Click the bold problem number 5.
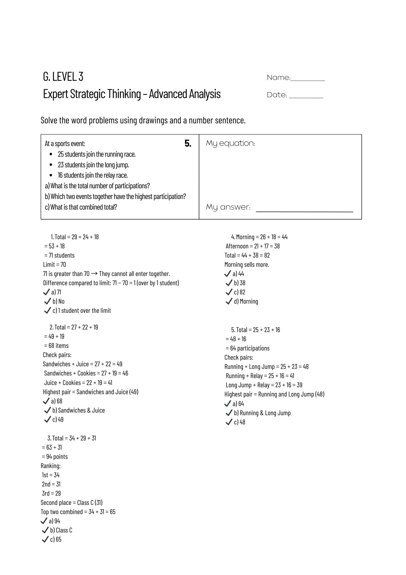pos(188,143)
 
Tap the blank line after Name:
pos(308,80)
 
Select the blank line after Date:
pos(306,97)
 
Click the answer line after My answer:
pos(304,211)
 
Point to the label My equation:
pos(230,143)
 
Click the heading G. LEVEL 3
pos(63,76)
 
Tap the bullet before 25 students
pos(51,154)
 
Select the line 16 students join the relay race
pos(93,175)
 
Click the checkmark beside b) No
pos(48,301)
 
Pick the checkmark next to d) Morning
pos(229,301)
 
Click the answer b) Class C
pos(61,530)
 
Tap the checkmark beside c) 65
pos(45,539)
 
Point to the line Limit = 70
pos(55,264)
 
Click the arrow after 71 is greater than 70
pos(94,274)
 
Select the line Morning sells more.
pos(247,264)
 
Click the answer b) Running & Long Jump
pos(262,413)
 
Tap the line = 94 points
pos(55,457)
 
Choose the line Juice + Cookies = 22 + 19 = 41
pos(78,383)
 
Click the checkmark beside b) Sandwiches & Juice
pos(47,410)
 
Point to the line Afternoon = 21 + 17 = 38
pos(253,246)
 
